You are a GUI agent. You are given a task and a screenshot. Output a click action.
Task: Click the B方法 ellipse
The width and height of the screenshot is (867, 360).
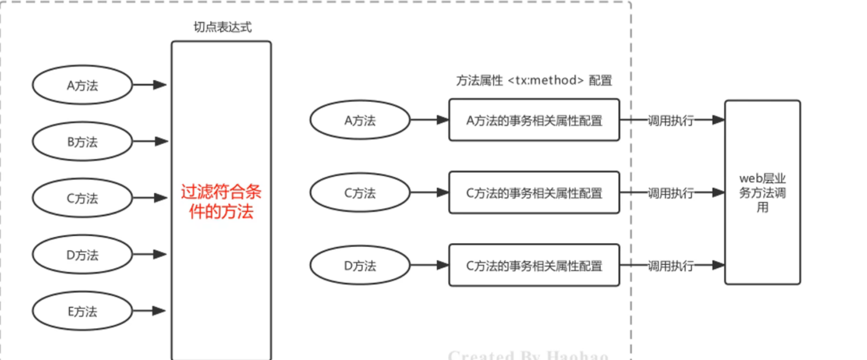click(82, 142)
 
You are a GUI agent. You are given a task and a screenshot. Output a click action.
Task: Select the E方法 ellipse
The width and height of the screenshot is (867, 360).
click(82, 311)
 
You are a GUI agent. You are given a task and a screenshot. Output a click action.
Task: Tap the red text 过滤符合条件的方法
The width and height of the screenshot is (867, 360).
click(221, 201)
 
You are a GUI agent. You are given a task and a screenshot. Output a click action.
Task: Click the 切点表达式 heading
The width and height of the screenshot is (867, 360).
click(222, 27)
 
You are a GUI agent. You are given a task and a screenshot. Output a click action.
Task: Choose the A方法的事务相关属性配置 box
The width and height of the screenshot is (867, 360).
click(534, 120)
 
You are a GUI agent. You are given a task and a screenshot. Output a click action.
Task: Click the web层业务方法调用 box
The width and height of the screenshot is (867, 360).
click(762, 192)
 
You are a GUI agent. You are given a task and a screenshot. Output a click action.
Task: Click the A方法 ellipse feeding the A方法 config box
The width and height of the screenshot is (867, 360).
click(360, 120)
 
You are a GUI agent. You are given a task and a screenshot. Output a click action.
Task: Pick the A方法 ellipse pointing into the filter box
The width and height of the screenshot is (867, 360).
click(82, 85)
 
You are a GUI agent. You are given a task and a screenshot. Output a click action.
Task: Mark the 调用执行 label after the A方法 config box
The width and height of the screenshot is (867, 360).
click(670, 121)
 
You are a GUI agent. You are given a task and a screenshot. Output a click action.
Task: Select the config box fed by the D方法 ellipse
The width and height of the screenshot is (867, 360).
click(534, 265)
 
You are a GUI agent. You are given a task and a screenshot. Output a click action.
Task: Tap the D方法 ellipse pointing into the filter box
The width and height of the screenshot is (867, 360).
click(82, 255)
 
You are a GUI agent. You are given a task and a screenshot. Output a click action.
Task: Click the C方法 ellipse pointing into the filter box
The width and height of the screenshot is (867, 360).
click(82, 198)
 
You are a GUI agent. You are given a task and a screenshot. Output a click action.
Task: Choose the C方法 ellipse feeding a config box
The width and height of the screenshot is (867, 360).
click(360, 193)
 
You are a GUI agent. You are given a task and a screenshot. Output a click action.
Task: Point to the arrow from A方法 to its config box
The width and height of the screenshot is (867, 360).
click(429, 120)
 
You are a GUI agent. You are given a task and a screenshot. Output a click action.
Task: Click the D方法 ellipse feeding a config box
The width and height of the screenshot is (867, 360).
click(360, 265)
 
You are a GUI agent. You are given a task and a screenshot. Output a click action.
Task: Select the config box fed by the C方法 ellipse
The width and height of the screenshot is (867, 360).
click(534, 193)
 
